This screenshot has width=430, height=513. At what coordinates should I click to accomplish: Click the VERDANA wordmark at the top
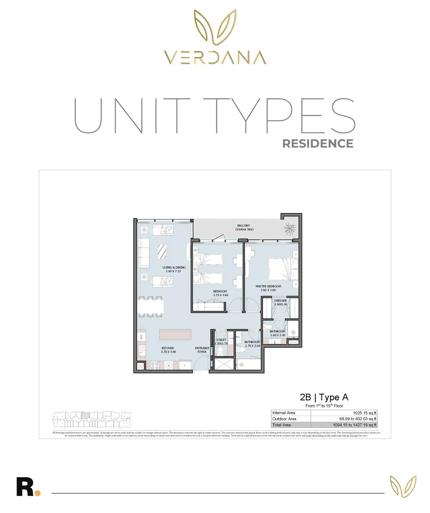(x=215, y=57)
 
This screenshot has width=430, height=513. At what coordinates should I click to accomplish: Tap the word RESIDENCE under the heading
(x=318, y=144)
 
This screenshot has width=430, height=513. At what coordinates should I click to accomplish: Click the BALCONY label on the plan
(x=244, y=226)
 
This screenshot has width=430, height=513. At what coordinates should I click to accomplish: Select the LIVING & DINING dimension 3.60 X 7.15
(x=173, y=271)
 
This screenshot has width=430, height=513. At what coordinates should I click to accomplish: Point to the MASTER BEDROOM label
(x=268, y=286)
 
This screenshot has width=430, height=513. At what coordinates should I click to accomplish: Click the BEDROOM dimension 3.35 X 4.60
(x=221, y=295)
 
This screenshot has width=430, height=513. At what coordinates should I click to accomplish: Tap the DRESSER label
(x=280, y=301)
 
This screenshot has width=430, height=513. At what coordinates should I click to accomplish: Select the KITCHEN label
(x=168, y=348)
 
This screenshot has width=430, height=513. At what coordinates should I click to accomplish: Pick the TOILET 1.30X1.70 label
(x=221, y=342)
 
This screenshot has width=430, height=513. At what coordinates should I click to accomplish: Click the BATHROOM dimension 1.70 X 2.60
(x=252, y=346)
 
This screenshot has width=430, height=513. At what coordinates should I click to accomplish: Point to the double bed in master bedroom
(x=283, y=269)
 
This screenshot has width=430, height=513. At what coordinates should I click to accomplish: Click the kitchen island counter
(x=175, y=334)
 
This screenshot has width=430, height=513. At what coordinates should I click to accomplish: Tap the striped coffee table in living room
(x=162, y=251)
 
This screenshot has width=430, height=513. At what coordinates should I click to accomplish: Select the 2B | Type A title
(x=324, y=397)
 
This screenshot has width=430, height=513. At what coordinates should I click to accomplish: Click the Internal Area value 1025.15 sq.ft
(x=364, y=413)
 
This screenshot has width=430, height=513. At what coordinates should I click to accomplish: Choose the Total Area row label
(x=281, y=425)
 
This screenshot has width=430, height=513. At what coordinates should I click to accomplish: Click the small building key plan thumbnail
(x=92, y=420)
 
